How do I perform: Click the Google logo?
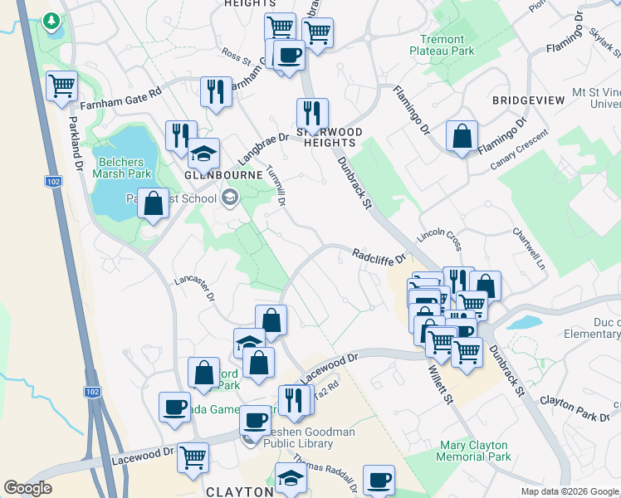pos(27,487)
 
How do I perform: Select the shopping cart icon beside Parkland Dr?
pos(62,85)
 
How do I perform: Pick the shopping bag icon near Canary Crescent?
pos(462,135)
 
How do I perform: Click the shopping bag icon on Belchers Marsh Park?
pos(153,203)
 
